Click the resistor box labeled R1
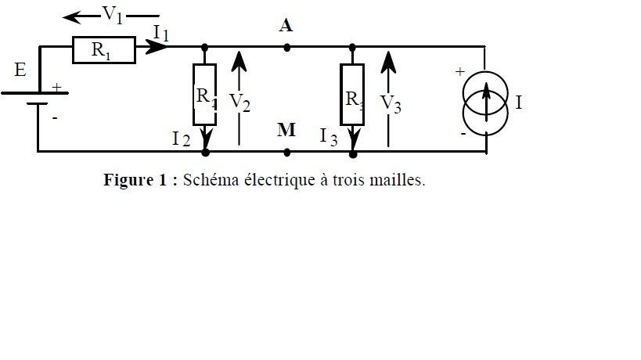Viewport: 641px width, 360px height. click(x=103, y=50)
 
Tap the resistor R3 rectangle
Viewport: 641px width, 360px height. click(x=352, y=97)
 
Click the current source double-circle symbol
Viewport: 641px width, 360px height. click(x=485, y=101)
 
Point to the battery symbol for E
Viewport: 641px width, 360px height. click(x=37, y=100)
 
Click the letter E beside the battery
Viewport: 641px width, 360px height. click(x=20, y=70)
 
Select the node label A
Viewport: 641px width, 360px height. click(x=286, y=26)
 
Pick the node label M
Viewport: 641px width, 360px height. click(x=286, y=130)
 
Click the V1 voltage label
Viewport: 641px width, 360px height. click(x=113, y=16)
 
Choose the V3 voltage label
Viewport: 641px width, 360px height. click(x=391, y=103)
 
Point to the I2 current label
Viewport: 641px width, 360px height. click(x=181, y=139)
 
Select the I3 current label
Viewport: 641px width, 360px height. click(x=329, y=137)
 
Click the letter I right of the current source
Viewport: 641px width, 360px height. click(x=518, y=103)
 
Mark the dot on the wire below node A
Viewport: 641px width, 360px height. click(x=287, y=48)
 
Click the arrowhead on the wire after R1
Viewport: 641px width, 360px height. click(x=158, y=48)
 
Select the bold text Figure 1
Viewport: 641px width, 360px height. click(x=135, y=180)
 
